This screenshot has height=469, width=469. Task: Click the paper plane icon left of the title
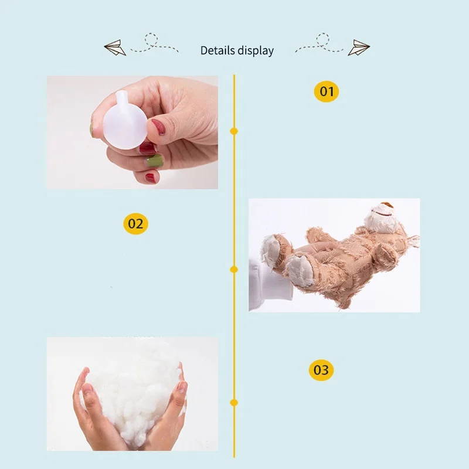pyautogui.click(x=115, y=47)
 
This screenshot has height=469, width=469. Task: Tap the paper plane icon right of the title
pyautogui.click(x=358, y=47)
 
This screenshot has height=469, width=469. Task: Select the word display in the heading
pyautogui.click(x=256, y=50)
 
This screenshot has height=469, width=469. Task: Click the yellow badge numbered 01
pyautogui.click(x=326, y=91)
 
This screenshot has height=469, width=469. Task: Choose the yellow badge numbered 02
pyautogui.click(x=135, y=223)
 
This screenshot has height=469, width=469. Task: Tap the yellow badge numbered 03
pyautogui.click(x=321, y=370)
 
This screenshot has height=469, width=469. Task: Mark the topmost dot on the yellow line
pyautogui.click(x=234, y=131)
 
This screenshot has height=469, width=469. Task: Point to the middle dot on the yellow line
pyautogui.click(x=234, y=269)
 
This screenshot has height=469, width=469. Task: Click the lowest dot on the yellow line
pyautogui.click(x=234, y=403)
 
